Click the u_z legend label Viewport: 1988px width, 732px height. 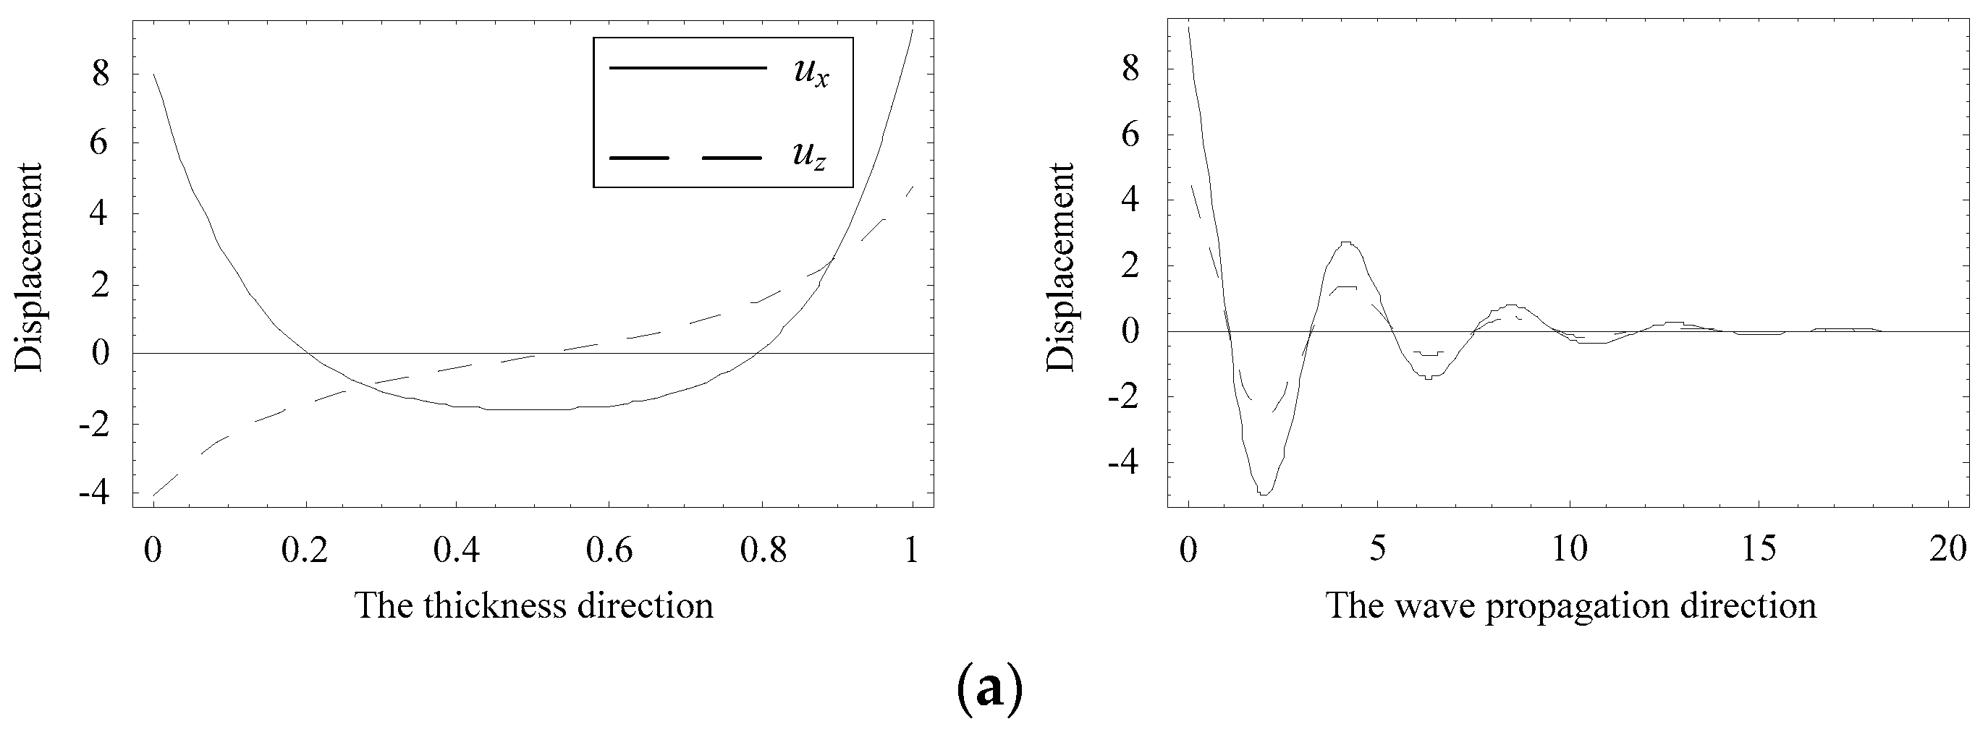pyautogui.click(x=810, y=156)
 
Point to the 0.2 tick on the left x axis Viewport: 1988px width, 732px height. pyautogui.click(x=306, y=550)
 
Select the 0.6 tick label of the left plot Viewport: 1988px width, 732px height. pyautogui.click(x=609, y=550)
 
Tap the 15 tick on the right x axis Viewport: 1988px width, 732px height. pyautogui.click(x=1759, y=550)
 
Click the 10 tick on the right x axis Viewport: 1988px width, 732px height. pyautogui.click(x=1569, y=550)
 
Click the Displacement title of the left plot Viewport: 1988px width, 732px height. pyautogui.click(x=30, y=266)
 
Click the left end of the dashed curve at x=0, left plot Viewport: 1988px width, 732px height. pyautogui.click(x=154, y=495)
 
